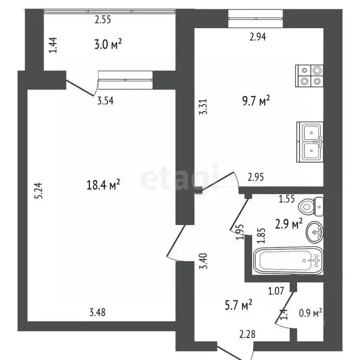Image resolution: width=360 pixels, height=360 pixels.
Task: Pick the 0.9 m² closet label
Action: [x=313, y=312]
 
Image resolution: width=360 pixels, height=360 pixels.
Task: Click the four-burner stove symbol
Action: [x=310, y=75]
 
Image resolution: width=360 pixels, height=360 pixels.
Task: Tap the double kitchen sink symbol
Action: [x=310, y=142]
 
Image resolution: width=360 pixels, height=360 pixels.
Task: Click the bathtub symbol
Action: [x=288, y=261]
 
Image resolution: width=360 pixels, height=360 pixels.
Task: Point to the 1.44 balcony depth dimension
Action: [x=53, y=45]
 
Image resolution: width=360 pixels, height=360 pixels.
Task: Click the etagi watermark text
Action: [x=180, y=177]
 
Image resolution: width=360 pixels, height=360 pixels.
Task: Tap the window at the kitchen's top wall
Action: [x=256, y=19]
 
